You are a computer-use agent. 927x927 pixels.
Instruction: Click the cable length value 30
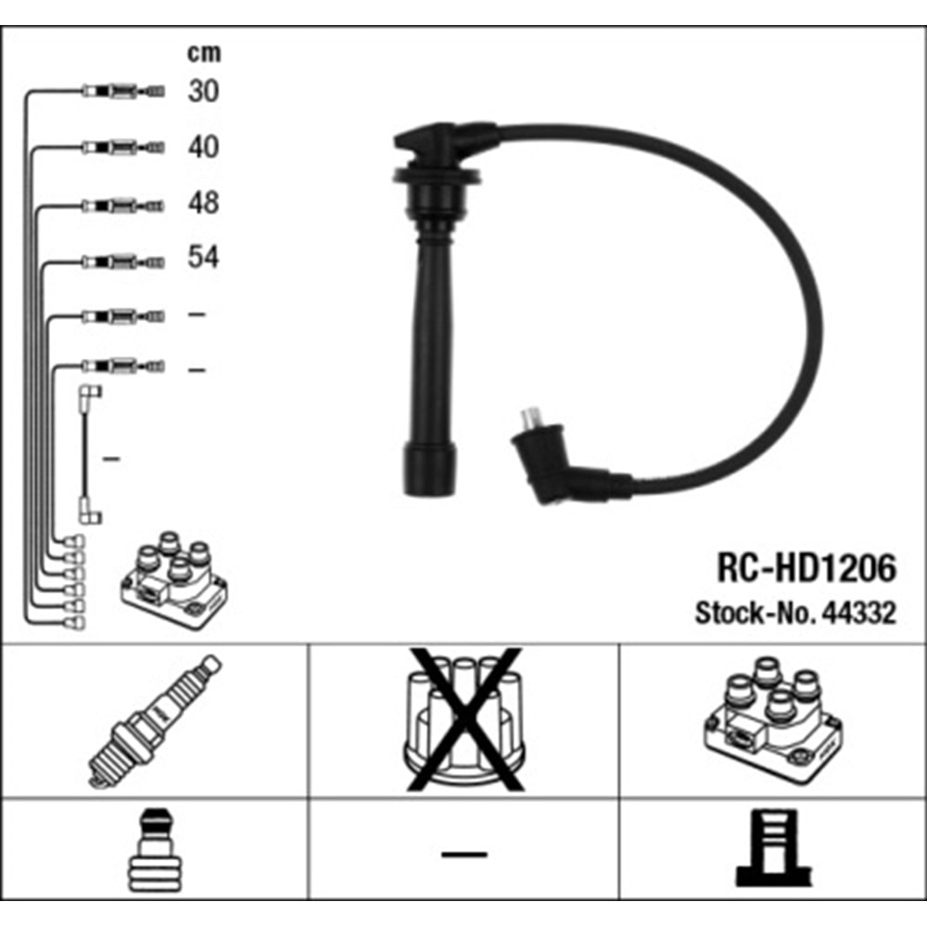tap(204, 91)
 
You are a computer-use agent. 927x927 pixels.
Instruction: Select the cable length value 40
tap(204, 146)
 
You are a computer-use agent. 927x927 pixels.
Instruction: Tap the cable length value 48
tap(204, 202)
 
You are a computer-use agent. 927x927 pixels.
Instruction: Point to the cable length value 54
tap(204, 257)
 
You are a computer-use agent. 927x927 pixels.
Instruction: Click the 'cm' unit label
tap(204, 53)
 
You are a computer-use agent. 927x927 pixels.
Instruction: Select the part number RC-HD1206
tap(806, 568)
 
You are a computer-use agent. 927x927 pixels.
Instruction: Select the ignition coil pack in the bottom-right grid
tap(773, 719)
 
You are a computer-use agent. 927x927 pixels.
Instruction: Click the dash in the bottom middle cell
tap(463, 852)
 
